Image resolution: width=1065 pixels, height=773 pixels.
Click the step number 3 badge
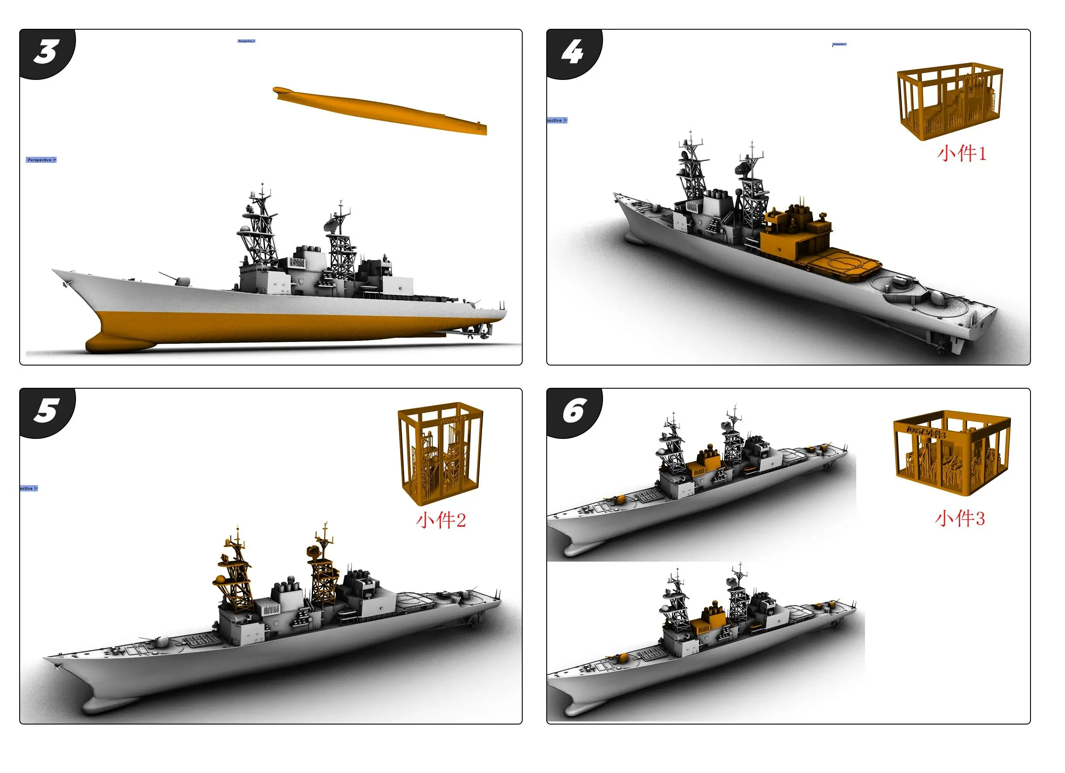pos(46,52)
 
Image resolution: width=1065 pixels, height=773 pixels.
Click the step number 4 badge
pos(573,52)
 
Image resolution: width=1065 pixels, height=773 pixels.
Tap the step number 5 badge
pos(46,411)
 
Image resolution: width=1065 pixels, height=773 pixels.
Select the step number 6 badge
pos(573,411)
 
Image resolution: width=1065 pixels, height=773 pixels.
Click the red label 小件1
pos(961,154)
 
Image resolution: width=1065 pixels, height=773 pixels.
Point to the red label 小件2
pos(441,520)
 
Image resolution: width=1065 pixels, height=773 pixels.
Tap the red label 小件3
pos(959,518)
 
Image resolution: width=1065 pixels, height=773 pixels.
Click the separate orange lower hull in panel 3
pos(380,110)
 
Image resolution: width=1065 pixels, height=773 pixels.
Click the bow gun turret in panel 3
pos(181,281)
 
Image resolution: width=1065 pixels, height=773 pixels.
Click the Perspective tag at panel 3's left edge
pos(41,160)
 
